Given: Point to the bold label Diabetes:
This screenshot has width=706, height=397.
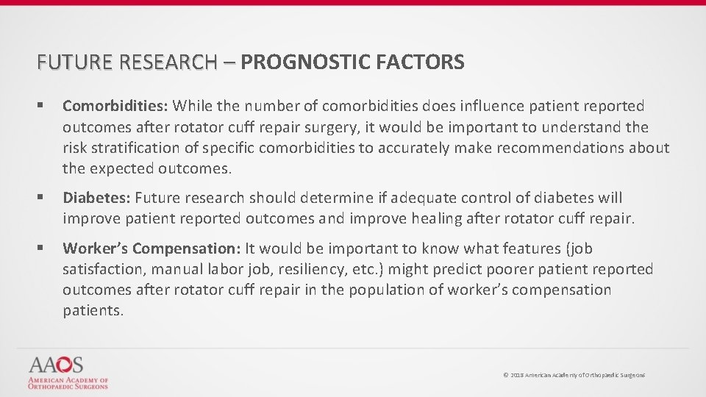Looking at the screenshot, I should (x=96, y=198).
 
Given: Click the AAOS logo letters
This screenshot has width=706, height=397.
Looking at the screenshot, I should (x=56, y=365).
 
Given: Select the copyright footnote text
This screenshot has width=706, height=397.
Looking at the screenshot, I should (x=574, y=375).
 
